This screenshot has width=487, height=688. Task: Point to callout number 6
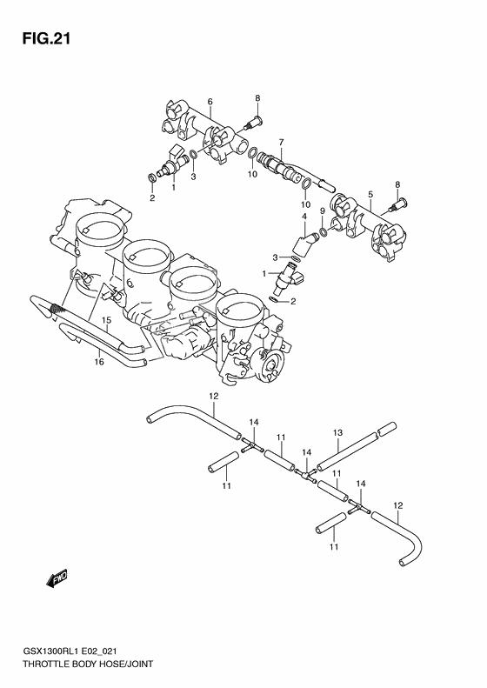tap(210, 102)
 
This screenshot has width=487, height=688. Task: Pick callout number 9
tap(322, 211)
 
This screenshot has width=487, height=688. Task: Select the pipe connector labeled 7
tap(283, 165)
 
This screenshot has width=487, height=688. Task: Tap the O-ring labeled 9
tap(324, 231)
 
